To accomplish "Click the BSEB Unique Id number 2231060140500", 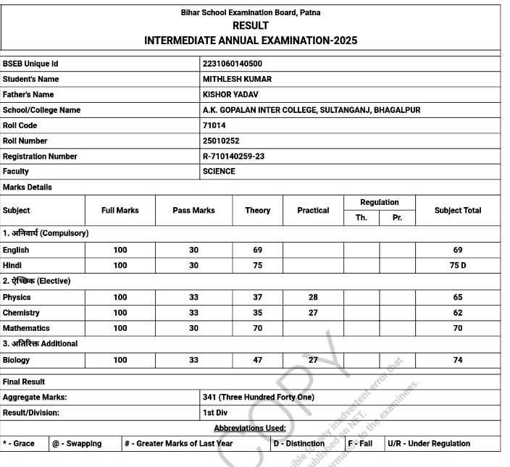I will coord(233,64).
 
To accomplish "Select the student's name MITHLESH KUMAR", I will coord(237,79).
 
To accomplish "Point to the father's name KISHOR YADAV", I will coord(230,94).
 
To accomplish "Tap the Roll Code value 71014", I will coord(214,125).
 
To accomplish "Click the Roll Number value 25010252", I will coord(221,140).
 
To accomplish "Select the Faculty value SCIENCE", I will coord(219,172).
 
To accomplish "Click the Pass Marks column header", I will coord(193,211).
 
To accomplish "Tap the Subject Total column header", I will coord(457,211).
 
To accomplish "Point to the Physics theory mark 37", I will coord(257,298).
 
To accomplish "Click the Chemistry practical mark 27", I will coord(313,313).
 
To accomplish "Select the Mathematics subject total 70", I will coord(457,329).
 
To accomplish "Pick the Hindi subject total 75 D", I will coord(458,266).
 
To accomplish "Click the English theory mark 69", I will coord(257,250).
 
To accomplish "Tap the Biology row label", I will coord(16,360).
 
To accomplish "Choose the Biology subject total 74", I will coord(457,360).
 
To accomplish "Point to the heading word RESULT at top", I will coord(251,26).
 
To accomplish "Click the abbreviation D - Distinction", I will coord(298,444).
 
